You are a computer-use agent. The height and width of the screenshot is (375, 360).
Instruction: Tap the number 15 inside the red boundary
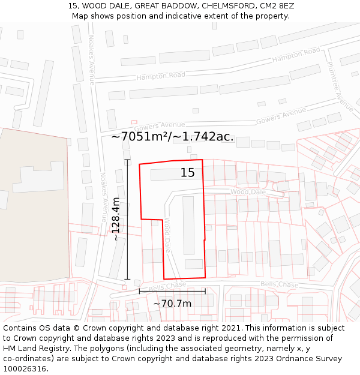click(x=188, y=173)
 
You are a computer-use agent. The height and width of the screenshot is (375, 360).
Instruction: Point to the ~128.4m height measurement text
click(x=116, y=219)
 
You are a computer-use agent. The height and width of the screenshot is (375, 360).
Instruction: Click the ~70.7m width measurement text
click(x=172, y=304)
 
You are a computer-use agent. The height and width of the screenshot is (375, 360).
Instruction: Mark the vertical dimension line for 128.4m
click(x=127, y=219)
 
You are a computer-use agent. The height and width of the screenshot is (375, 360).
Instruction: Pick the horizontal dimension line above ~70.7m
click(x=172, y=292)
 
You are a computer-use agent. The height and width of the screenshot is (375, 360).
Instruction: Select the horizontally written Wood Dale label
click(x=248, y=191)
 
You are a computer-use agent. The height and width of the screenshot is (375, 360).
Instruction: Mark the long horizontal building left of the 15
click(x=165, y=175)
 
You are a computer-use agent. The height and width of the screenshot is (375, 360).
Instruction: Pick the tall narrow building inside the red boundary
click(x=188, y=225)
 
